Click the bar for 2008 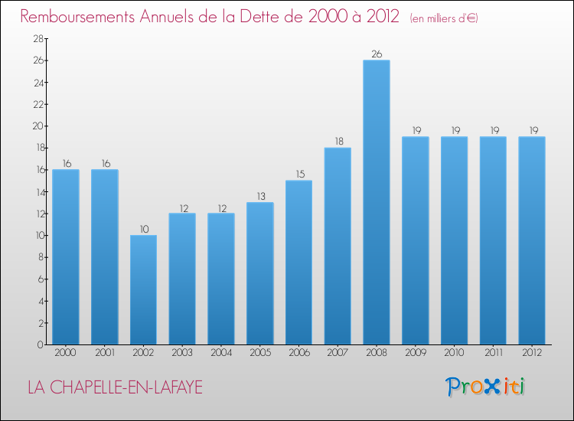(376, 203)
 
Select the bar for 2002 (143, 290)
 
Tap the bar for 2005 (259, 273)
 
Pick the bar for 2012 (531, 241)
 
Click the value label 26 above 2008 (376, 54)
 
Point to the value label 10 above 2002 (143, 229)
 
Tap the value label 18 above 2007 (338, 142)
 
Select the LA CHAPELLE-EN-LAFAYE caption (115, 388)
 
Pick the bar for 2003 (182, 279)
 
